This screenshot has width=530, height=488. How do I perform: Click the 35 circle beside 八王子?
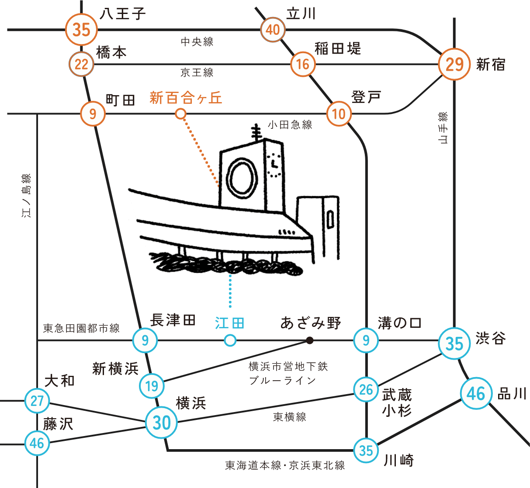coord(81,30)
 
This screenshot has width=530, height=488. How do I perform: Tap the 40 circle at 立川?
coord(273,30)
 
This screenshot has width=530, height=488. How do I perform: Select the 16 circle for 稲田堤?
coord(303,65)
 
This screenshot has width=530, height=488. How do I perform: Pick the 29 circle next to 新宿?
coord(454,64)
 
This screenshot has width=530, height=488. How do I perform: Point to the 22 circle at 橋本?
coord(82,65)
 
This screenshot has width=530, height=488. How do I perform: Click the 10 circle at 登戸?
coord(339,114)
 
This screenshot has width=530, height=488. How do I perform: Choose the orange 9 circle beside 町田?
coord(93,114)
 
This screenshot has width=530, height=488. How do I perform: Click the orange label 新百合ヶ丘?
coord(186,98)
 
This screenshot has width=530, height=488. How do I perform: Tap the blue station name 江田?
coord(229,323)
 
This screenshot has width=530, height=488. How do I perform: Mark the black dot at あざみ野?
coord(310,340)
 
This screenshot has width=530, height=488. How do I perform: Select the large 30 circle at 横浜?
coord(162,422)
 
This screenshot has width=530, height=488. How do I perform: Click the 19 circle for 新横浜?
coord(152,386)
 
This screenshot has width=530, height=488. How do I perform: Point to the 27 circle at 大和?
coord(37,401)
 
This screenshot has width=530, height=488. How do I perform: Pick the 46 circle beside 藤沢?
coord(37,443)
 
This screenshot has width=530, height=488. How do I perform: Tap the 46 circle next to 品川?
coord(476,393)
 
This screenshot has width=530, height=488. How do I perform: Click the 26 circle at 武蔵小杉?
coord(366,389)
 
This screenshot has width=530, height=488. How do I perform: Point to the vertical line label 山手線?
coord(443,127)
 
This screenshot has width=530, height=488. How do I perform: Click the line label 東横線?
coord(289,417)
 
